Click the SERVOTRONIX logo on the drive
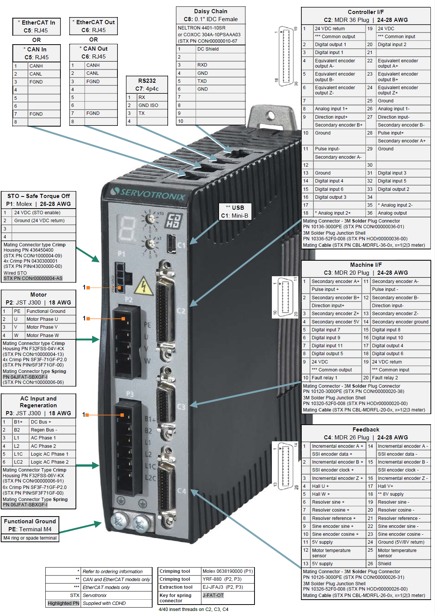(x=149, y=193)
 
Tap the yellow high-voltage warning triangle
(x=143, y=286)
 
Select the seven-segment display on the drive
(x=127, y=228)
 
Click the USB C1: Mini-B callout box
(x=234, y=212)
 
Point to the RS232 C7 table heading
(x=147, y=85)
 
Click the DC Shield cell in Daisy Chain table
(x=220, y=49)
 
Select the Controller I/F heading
(x=366, y=16)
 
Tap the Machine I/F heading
(x=366, y=269)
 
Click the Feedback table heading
(x=366, y=433)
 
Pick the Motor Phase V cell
(x=50, y=327)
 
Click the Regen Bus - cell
(x=52, y=430)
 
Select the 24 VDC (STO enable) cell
(x=44, y=213)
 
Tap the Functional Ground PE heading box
(x=30, y=525)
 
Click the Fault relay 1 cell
(x=335, y=378)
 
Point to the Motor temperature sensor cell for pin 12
(x=337, y=553)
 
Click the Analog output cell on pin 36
(x=403, y=213)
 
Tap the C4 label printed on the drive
(x=182, y=491)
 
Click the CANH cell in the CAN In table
(x=44, y=66)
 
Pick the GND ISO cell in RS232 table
(x=152, y=105)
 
